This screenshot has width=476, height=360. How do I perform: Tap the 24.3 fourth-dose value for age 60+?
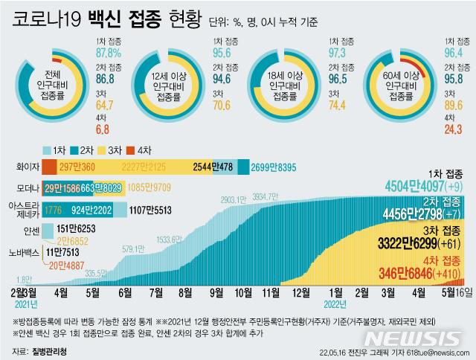click(454, 129)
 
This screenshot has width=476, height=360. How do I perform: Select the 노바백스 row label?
click(23, 253)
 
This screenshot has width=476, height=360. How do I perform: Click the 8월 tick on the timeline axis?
click(187, 293)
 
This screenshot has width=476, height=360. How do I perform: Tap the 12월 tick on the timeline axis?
click(303, 293)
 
